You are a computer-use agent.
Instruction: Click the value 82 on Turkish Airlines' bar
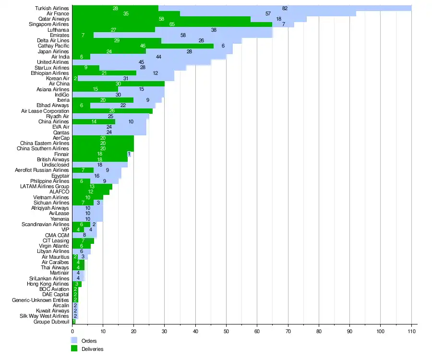(x=285, y=8)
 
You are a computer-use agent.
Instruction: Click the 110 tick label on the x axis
(x=411, y=331)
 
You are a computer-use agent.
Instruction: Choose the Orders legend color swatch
(x=74, y=340)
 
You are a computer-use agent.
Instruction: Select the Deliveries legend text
(x=93, y=349)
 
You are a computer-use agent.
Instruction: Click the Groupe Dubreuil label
(x=51, y=322)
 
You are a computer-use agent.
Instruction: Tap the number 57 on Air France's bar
(x=268, y=14)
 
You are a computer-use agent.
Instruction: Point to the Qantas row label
(x=61, y=132)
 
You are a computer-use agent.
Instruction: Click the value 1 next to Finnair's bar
(x=129, y=154)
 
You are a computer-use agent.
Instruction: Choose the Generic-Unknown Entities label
(x=41, y=300)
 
